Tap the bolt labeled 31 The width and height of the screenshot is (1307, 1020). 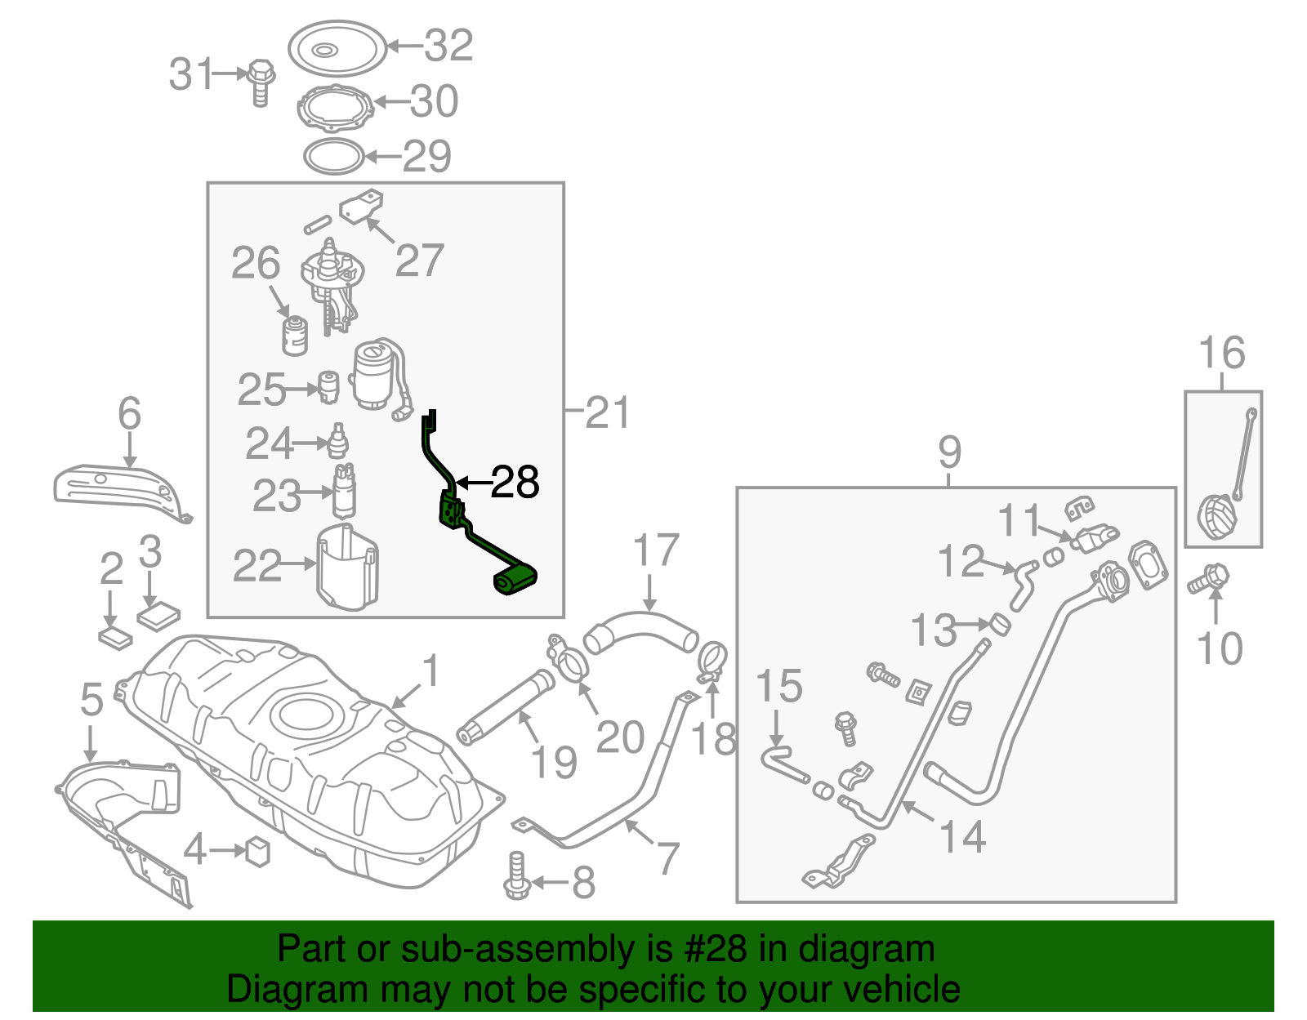(x=260, y=81)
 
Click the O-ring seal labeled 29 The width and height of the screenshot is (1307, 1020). (x=333, y=156)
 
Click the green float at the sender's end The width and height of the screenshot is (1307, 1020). (x=515, y=581)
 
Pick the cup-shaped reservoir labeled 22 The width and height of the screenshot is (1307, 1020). (x=347, y=568)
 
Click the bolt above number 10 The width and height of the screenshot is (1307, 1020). (x=1208, y=580)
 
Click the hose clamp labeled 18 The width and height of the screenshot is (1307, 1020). (x=712, y=660)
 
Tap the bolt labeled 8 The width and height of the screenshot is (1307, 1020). (x=517, y=876)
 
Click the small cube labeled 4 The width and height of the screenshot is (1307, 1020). (x=258, y=851)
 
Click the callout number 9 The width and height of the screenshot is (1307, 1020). (x=950, y=452)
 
